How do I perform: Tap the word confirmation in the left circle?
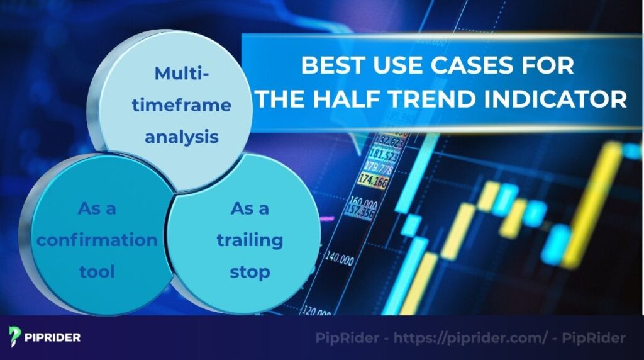[97, 240]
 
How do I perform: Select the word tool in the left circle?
[97, 271]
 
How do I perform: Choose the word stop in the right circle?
[250, 271]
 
